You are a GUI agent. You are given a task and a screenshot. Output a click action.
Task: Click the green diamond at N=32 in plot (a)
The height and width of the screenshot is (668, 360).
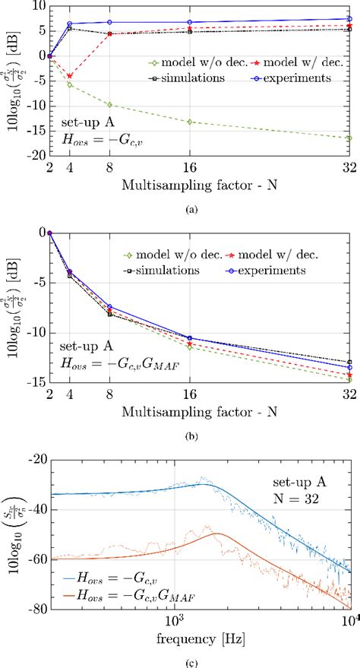point(349,138)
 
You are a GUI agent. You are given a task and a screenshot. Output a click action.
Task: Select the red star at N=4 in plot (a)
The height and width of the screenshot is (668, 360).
point(70,76)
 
